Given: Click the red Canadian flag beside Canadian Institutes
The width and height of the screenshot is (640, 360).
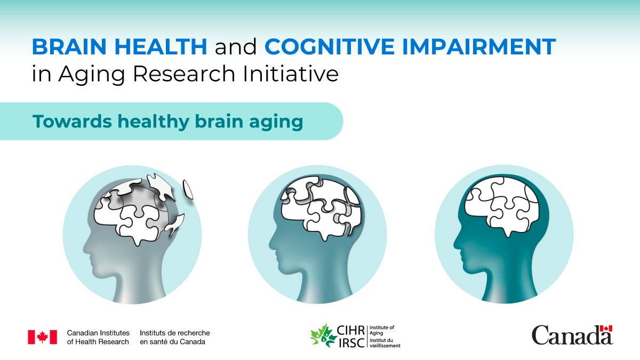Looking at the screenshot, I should coord(42,337).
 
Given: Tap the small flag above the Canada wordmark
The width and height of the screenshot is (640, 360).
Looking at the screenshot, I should coord(606,328).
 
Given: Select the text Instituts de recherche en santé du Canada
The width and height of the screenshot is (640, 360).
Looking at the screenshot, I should coord(174,337).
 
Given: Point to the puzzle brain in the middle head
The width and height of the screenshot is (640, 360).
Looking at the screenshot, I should coord(322,208).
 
